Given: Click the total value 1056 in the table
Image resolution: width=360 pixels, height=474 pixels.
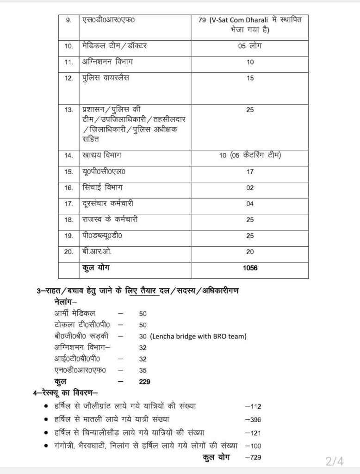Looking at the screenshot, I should (x=250, y=268).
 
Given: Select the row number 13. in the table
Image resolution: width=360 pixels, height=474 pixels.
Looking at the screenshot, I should (x=69, y=110).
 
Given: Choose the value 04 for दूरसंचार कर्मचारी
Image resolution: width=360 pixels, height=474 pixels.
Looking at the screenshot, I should (x=250, y=204).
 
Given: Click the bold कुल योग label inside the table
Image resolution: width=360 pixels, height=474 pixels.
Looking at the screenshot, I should (x=96, y=267).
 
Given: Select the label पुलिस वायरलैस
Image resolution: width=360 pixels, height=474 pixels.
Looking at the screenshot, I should (x=106, y=78).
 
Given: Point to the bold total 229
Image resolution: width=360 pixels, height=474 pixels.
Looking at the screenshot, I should (x=145, y=382).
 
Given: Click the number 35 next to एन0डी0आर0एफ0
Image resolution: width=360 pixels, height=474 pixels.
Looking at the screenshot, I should (x=143, y=370).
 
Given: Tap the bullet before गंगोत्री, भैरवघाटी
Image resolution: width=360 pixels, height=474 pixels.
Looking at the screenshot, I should (x=45, y=445).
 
